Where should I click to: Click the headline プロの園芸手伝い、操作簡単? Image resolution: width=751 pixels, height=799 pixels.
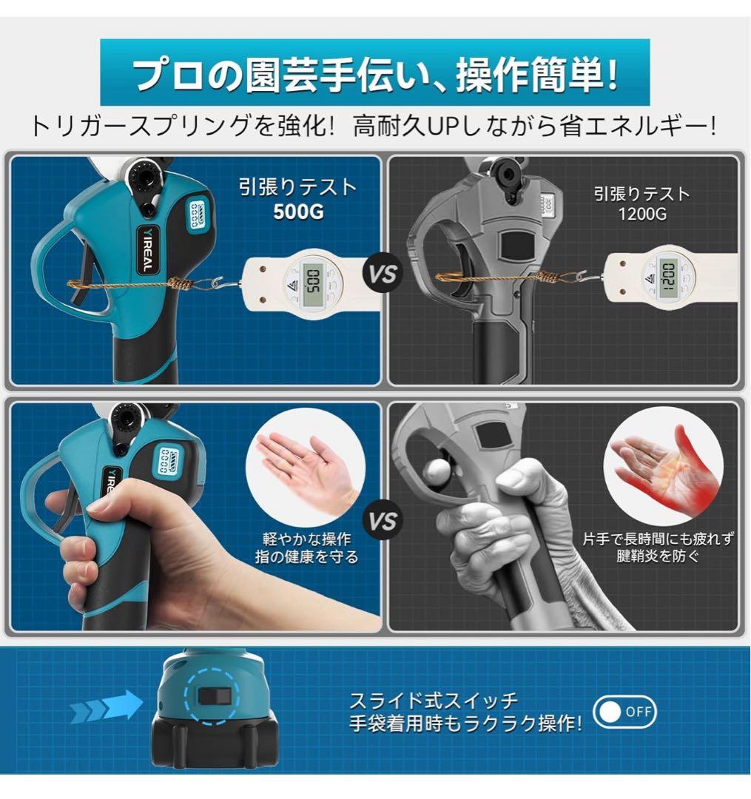pyautogui.click(x=375, y=74)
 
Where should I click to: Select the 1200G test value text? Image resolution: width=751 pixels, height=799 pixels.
pyautogui.click(x=641, y=215)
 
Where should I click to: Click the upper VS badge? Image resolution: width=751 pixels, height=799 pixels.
pyautogui.click(x=384, y=273)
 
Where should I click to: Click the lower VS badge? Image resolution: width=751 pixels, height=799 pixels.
pyautogui.click(x=384, y=520)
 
